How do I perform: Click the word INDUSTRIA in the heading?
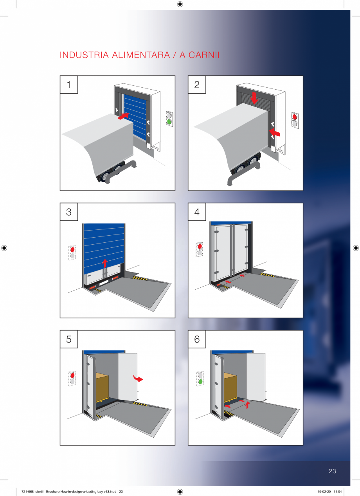pos(84,55)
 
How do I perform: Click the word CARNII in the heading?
pos(203,55)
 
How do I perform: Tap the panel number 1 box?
pos(69,85)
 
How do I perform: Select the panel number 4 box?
pos(197,212)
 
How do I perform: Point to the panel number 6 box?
pos(197,339)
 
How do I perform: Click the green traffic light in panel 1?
pos(169,121)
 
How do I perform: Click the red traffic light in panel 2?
pos(295,117)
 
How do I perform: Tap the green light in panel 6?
pos(200,382)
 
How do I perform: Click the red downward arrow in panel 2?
pos(254,98)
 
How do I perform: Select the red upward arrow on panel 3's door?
pos(105,263)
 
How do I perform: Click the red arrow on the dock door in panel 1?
pos(123,116)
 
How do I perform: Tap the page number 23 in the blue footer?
pos(332,471)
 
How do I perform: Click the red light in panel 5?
pos(72,375)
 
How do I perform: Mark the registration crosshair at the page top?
pos(180,4)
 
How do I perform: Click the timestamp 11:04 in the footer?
pos(338,492)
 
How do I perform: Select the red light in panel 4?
pos(200,246)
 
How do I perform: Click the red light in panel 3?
pos(72,249)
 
